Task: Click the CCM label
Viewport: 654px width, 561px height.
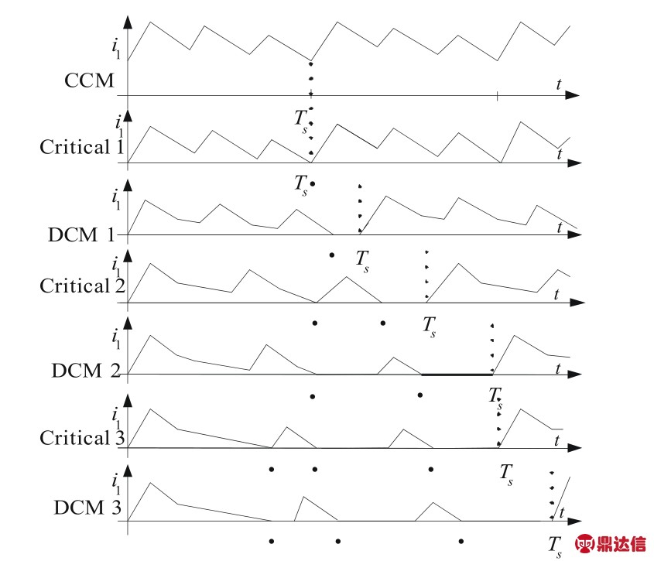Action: [x=89, y=80]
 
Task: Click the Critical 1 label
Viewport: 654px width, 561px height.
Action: [x=82, y=147]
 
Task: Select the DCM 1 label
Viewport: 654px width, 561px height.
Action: [x=81, y=234]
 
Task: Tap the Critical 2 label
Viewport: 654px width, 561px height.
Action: [x=82, y=286]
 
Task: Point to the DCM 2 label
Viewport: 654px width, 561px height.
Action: [x=86, y=371]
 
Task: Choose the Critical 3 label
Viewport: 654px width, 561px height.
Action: [x=82, y=437]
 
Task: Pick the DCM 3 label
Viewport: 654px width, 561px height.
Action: [x=87, y=507]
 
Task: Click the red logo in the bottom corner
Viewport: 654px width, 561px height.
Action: [x=611, y=543]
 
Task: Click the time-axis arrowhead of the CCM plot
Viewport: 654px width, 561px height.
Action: [x=573, y=95]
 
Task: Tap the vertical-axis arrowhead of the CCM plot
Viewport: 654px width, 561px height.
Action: [x=128, y=22]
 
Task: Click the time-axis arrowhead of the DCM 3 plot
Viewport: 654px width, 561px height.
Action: [x=575, y=522]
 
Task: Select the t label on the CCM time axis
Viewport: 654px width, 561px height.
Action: [x=559, y=84]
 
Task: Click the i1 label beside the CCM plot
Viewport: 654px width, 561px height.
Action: [x=115, y=48]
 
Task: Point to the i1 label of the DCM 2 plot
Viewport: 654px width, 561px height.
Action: [x=115, y=339]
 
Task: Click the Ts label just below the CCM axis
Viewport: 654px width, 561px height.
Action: [x=301, y=121]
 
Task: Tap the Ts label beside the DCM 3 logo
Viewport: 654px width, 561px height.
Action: [x=555, y=547]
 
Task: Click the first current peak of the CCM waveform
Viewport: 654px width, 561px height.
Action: [x=150, y=22]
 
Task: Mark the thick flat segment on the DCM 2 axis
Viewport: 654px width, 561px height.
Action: [x=457, y=375]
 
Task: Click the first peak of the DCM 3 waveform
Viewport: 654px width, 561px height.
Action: [x=150, y=483]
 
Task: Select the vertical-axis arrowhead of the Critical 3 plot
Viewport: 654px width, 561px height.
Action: [x=128, y=400]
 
